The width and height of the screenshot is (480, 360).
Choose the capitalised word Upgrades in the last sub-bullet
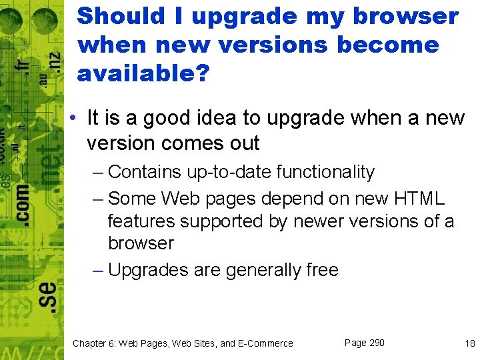tap(147, 270)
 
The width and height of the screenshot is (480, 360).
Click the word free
tap(321, 270)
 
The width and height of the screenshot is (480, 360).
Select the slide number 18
tap(470, 343)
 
